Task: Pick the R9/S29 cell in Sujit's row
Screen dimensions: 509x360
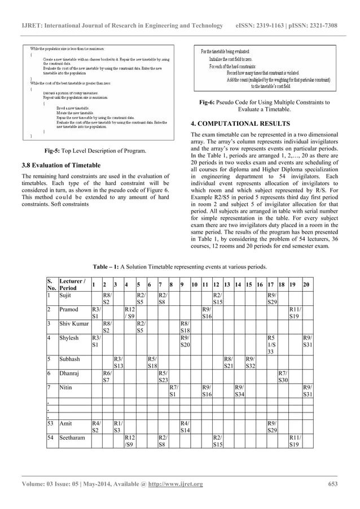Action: [272, 298]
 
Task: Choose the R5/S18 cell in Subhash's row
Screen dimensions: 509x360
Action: [151, 375]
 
